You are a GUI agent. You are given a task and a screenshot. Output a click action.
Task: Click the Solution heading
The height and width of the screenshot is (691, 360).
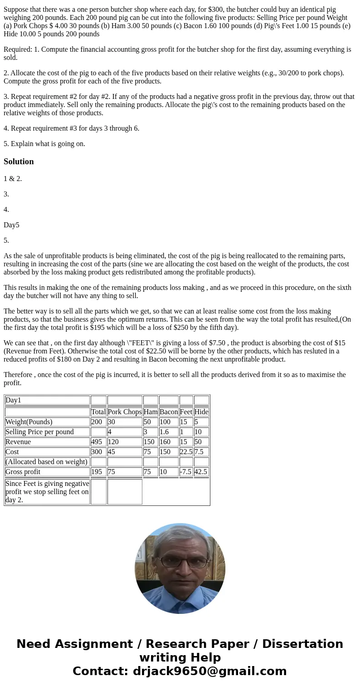19,162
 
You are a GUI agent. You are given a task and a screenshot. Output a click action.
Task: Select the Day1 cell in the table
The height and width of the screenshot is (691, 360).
13,400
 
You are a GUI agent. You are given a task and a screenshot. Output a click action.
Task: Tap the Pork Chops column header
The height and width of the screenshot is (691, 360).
125,412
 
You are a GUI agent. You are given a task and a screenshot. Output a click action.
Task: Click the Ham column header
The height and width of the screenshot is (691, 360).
151,412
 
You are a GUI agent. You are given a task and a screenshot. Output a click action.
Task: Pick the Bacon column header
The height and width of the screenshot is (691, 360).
169,412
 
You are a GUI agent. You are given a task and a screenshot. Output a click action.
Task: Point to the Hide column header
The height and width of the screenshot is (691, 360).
201,412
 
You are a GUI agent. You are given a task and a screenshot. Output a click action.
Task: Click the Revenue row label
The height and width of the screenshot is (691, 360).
18,442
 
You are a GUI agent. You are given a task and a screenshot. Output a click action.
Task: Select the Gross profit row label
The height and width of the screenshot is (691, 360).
23,472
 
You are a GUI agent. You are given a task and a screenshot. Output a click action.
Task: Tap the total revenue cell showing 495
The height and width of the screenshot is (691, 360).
97,442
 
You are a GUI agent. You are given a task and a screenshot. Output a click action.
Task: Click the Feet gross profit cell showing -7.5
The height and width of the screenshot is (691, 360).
186,472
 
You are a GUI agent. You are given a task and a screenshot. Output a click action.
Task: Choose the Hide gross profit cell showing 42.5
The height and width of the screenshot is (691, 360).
201,472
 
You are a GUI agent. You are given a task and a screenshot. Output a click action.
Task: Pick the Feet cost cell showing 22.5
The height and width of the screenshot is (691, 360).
186,452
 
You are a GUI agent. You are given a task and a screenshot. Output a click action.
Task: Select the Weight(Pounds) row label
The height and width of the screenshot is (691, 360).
29,422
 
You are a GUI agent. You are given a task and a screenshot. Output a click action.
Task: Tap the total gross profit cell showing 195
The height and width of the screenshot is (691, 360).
97,472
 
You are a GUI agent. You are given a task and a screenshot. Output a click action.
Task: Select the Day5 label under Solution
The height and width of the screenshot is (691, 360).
11,225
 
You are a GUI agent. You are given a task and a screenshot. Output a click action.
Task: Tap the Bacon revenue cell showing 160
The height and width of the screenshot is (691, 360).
165,442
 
